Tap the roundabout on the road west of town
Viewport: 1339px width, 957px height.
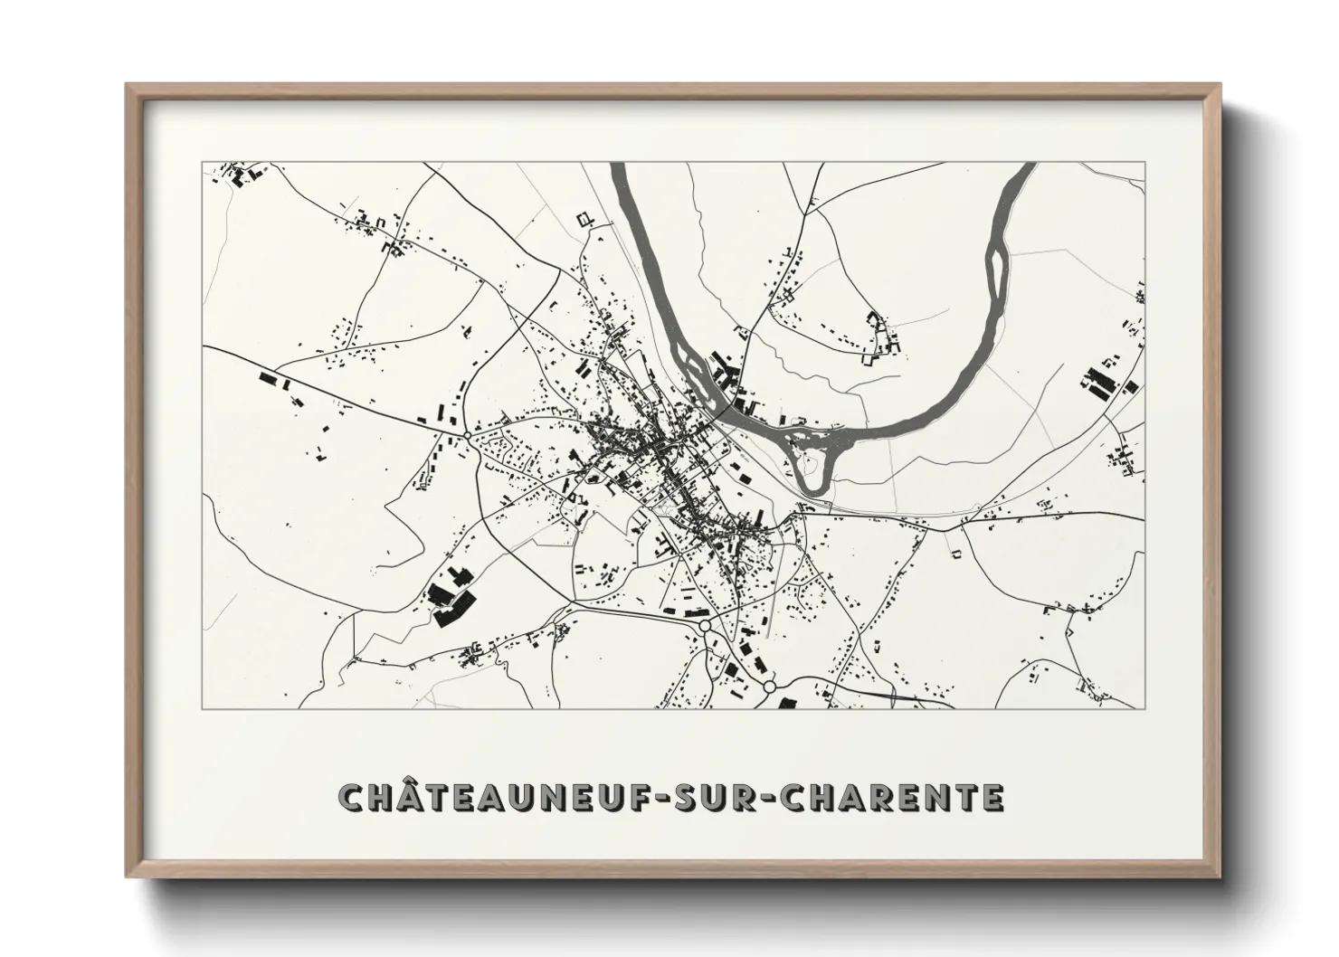pyautogui.click(x=466, y=435)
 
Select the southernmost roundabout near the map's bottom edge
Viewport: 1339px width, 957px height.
pyautogui.click(x=769, y=687)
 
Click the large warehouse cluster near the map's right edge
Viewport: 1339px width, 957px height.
pyautogui.click(x=1101, y=382)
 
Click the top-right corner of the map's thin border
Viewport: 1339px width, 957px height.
pyautogui.click(x=1144, y=163)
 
